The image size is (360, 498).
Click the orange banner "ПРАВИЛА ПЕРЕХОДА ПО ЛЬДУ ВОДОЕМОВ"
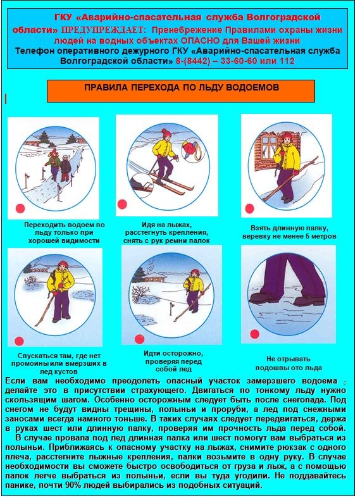(181, 91)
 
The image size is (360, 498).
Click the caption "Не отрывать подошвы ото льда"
(289, 364)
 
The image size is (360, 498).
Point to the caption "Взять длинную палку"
(289, 232)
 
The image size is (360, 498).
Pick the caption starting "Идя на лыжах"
(166, 233)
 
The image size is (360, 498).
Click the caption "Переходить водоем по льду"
(64, 233)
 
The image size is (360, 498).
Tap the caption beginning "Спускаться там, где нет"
(59, 363)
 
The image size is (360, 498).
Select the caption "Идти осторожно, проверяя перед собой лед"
(173, 361)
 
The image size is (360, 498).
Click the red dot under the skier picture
(122, 204)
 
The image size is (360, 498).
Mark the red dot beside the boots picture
(254, 334)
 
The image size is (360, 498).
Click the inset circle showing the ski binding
(142, 185)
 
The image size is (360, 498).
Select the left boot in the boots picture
(263, 298)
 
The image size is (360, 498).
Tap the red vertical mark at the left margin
(6, 99)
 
